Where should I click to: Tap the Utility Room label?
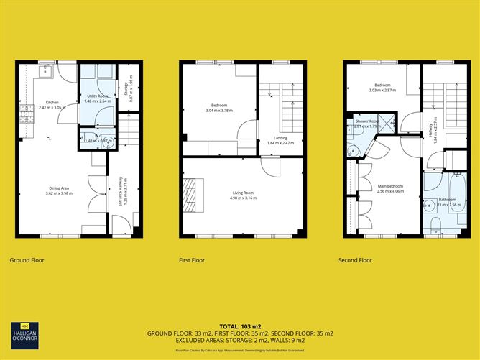(x=97, y=96)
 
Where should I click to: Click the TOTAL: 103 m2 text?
(x=240, y=326)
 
